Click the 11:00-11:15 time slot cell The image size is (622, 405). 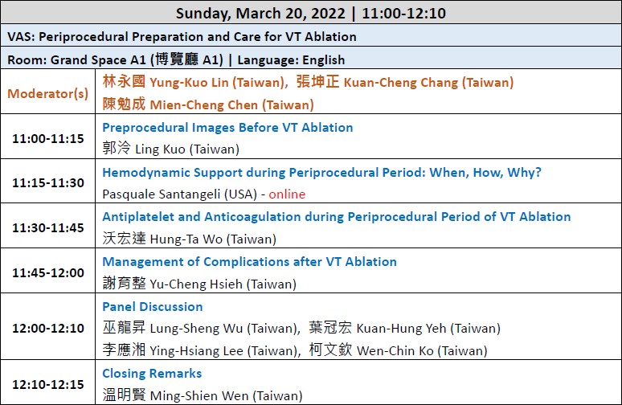(x=48, y=138)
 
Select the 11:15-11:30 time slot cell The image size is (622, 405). (x=48, y=183)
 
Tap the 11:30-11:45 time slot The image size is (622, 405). (x=48, y=227)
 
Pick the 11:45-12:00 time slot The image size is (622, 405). (x=48, y=273)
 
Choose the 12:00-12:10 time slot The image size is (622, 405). (x=48, y=329)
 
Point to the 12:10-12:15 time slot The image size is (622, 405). (x=48, y=384)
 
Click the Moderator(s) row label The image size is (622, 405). (x=48, y=93)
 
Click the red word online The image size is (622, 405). (x=287, y=194)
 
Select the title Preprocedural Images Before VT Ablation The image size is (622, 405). (x=227, y=127)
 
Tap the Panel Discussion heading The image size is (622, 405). (x=153, y=307)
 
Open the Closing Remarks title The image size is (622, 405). (x=153, y=374)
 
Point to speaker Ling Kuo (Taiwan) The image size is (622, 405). (x=187, y=149)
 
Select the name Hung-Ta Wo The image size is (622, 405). (x=186, y=239)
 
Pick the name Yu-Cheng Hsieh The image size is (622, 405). (x=196, y=284)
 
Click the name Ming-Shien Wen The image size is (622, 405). (x=199, y=396)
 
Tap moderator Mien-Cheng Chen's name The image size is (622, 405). (x=204, y=104)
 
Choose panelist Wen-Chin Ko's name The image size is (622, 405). (x=395, y=350)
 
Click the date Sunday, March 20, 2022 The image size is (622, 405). (x=260, y=13)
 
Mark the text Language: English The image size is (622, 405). (x=291, y=60)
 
